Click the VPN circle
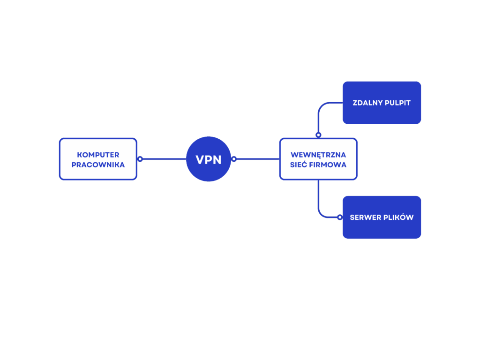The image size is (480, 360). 209,159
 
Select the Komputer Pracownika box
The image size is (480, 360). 98,159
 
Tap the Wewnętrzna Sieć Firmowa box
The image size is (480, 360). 318,159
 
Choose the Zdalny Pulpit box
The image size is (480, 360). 382,103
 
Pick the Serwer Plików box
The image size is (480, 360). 382,217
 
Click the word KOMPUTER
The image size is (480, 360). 98,155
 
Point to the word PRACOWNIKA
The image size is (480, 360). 98,165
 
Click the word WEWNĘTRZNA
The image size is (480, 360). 318,155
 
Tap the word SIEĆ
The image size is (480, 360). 299,165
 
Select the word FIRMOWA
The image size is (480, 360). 328,165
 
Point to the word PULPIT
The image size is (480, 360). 397,103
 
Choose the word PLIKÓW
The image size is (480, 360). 397,217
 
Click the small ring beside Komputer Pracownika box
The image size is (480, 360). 140,159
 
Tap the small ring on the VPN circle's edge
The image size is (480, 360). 234,159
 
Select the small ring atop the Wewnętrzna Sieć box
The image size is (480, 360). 318,135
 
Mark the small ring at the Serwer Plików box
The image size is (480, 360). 340,217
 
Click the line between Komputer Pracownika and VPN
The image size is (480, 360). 165,159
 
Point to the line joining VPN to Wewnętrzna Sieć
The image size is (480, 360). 258,159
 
